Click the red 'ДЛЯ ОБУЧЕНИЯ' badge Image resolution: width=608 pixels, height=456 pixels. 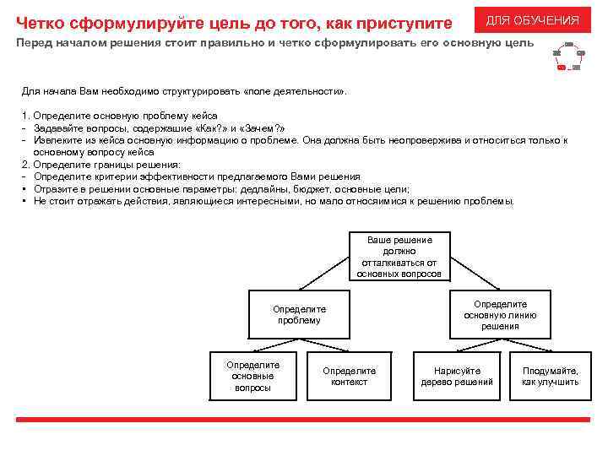tap(532, 20)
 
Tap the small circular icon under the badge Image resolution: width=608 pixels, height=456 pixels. tap(567, 56)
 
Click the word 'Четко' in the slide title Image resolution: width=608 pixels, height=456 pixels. tap(40, 22)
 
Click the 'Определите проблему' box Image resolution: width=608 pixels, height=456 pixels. tap(299, 315)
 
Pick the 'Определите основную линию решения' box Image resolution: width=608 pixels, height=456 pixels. tap(500, 315)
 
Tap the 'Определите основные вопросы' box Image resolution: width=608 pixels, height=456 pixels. tap(253, 376)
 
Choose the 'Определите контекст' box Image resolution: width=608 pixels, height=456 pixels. tap(350, 376)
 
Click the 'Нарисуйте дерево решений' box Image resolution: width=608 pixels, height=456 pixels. tap(457, 376)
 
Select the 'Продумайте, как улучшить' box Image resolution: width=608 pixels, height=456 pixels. tap(551, 376)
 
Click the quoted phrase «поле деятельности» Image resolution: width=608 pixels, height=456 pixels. tap(295, 90)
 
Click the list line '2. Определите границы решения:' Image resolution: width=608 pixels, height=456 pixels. tap(100, 165)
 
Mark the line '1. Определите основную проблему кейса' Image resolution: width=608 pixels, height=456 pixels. tap(119, 115)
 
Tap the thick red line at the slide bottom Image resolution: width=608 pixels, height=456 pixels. tap(304, 419)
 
